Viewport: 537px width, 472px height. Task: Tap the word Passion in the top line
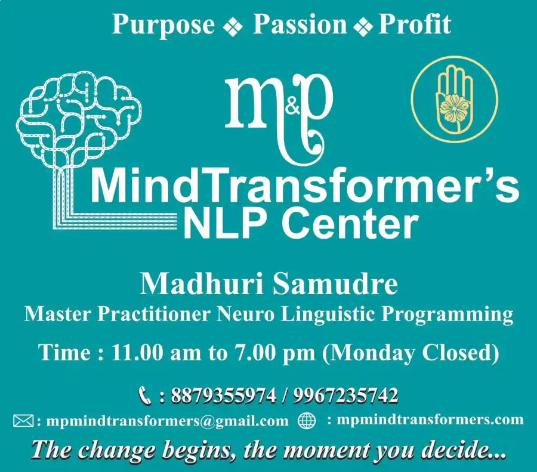(300, 24)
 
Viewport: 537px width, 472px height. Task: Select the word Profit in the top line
(415, 24)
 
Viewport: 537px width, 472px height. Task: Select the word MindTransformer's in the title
(304, 188)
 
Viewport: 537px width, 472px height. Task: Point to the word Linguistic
(327, 314)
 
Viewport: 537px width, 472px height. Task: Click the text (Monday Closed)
(411, 353)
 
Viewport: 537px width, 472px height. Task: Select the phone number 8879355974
(223, 395)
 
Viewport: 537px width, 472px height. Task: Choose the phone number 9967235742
(345, 395)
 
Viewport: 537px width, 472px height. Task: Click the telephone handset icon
(145, 396)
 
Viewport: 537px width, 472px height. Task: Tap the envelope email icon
(24, 421)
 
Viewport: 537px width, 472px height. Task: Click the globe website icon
(307, 420)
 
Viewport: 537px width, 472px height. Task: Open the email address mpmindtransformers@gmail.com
(168, 421)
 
